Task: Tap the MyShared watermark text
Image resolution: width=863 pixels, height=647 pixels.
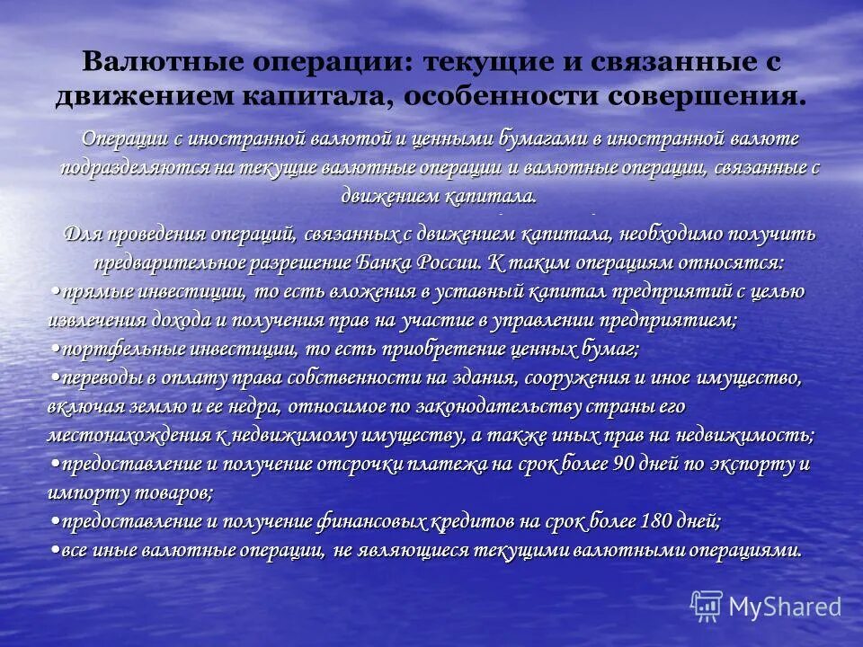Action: [x=784, y=607]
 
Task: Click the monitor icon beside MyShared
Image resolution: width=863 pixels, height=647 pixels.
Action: [x=707, y=606]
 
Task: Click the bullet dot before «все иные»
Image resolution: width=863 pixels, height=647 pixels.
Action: [x=56, y=550]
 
